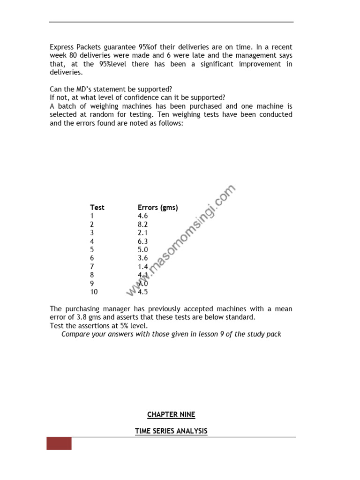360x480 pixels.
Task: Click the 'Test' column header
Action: (97, 207)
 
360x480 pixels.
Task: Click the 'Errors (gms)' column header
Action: (157, 207)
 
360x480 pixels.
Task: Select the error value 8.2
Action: (142, 224)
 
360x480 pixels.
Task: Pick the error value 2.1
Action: (142, 232)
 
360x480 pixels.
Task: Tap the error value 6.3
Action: (142, 241)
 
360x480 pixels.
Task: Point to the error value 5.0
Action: (142, 249)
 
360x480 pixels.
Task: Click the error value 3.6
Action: (142, 258)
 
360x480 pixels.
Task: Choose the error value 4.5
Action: (142, 292)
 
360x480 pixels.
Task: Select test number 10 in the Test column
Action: (94, 292)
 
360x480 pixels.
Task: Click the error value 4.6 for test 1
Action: (142, 216)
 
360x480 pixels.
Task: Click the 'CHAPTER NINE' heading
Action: (171, 414)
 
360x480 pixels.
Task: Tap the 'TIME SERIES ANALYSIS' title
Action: (171, 431)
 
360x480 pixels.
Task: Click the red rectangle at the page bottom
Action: (59, 443)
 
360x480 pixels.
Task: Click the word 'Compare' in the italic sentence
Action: (75, 334)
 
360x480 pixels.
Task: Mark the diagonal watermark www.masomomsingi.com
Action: (180, 241)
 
